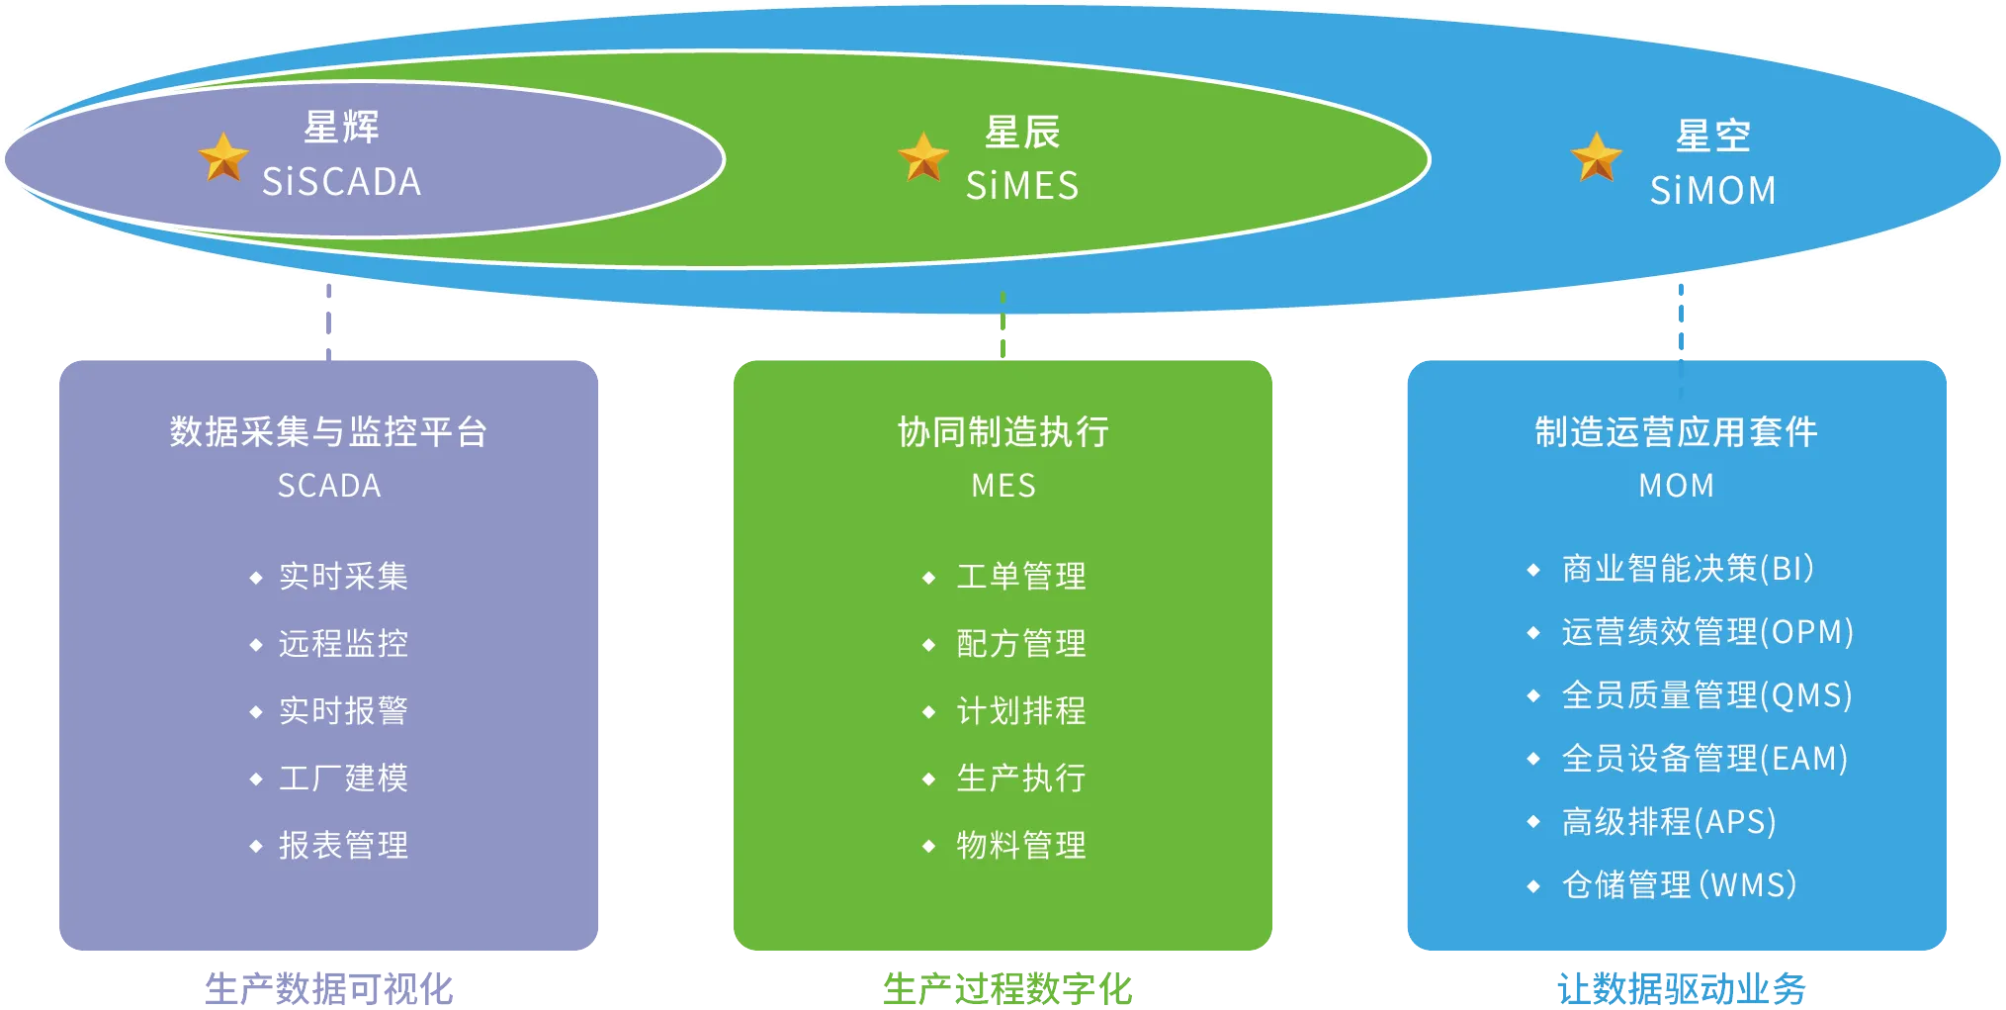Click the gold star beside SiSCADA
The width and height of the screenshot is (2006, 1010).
tap(223, 157)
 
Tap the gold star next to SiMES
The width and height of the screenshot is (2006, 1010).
tap(923, 156)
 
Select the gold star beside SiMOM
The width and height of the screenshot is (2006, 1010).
tap(1597, 157)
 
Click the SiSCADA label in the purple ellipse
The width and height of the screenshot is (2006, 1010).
tap(342, 182)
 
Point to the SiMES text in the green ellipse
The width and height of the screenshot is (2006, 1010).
tap(1022, 186)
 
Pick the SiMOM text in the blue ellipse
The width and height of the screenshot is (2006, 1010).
tap(1713, 190)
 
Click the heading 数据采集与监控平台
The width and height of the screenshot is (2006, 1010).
tap(328, 432)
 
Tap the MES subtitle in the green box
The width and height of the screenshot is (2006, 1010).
tap(1003, 486)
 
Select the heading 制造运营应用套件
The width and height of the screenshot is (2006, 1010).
tap(1677, 432)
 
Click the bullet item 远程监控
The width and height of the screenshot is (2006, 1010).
tap(343, 644)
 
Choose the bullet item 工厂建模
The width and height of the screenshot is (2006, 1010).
tap(343, 779)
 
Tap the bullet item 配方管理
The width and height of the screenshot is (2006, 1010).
tap(1021, 644)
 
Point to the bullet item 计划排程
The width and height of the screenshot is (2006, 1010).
tap(1021, 711)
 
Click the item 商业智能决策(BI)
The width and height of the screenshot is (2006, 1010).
tap(1688, 569)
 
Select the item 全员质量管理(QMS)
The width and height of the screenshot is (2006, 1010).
tap(1706, 695)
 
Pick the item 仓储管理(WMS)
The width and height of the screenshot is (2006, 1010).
tap(1679, 885)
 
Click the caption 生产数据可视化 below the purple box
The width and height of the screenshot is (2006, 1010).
tap(330, 987)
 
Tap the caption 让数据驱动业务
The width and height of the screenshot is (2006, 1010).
tap(1681, 987)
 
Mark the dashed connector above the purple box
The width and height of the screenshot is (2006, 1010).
tap(328, 319)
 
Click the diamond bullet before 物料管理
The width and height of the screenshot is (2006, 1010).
tap(928, 847)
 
